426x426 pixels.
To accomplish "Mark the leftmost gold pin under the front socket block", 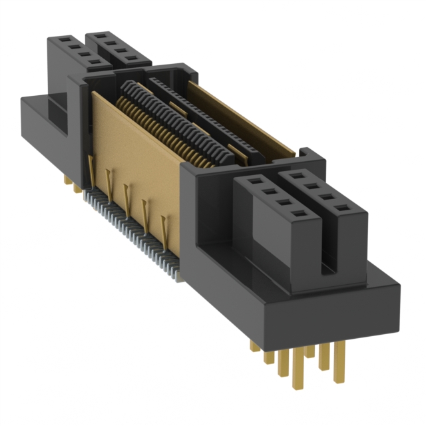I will [x=255, y=347].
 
